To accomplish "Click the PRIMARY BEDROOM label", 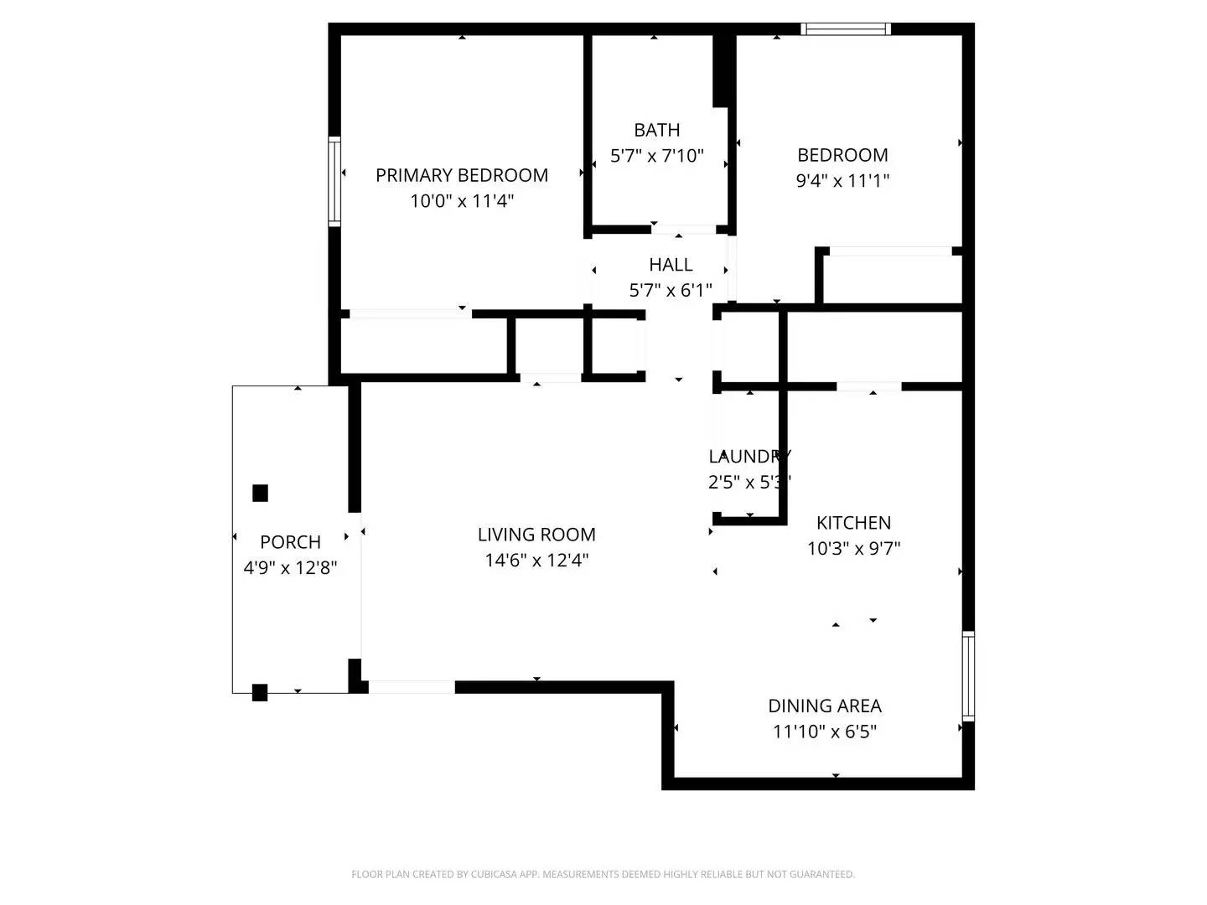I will point(461,175).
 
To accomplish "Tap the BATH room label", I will point(656,130).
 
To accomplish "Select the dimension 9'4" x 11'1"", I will point(842,180).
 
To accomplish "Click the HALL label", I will point(671,265).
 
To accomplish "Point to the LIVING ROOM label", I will point(536,535).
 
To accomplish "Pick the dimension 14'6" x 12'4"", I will point(536,560).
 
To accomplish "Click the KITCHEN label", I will point(853,523).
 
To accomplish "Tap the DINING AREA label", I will point(825,706).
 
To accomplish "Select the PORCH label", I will point(290,542).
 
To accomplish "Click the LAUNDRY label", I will point(749,457).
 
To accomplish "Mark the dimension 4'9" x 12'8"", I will point(290,568).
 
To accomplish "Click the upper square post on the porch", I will point(261,493).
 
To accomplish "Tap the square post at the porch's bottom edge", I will point(260,693).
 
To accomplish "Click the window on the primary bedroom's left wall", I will point(334,182).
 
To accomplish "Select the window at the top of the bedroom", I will point(845,29).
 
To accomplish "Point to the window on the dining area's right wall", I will point(968,676).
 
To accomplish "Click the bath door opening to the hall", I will point(683,229).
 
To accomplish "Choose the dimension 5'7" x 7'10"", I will point(656,156).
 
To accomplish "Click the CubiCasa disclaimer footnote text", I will point(603,874).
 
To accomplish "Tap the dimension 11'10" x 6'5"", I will point(825,732).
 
